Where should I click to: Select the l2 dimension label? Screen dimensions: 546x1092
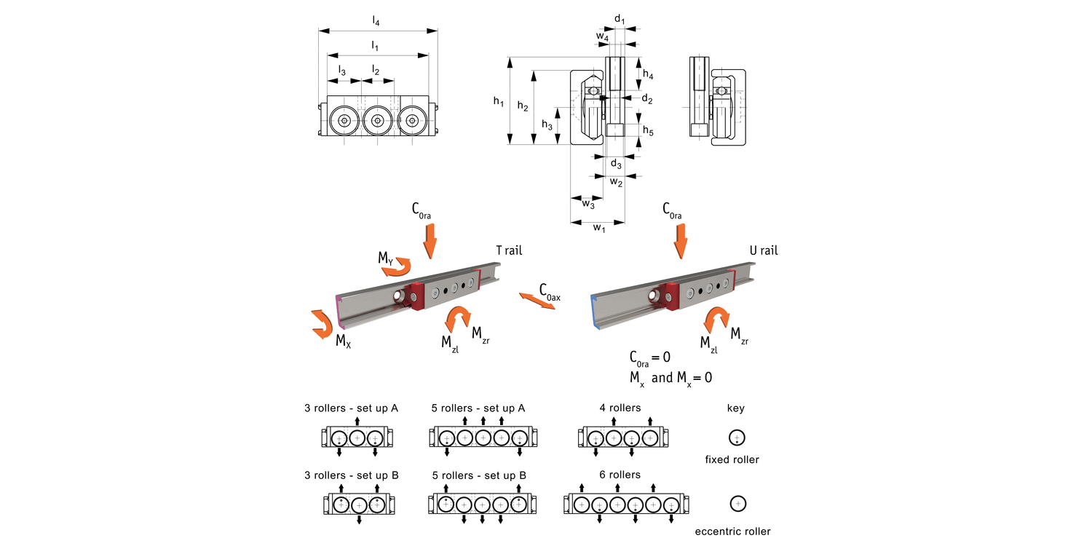(x=376, y=70)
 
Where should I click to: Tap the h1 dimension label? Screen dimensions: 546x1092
(x=499, y=103)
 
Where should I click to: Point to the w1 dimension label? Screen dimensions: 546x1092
(x=598, y=229)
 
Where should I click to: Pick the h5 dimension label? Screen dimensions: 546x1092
(x=648, y=131)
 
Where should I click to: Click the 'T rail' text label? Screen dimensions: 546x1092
(x=509, y=251)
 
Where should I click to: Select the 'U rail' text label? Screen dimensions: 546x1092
(x=764, y=251)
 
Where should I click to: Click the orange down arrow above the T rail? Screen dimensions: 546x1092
(x=430, y=241)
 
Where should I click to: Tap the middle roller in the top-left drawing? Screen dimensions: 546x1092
(x=377, y=121)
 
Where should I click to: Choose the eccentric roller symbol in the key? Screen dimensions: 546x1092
(x=737, y=503)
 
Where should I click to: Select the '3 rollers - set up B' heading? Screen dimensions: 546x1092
(x=352, y=475)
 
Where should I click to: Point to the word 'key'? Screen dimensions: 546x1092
(x=736, y=408)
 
